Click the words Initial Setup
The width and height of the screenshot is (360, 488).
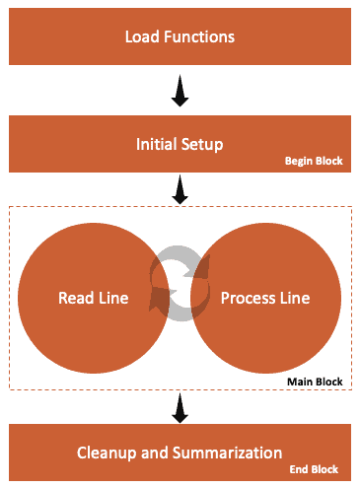(x=180, y=145)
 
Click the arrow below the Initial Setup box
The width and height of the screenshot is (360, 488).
(x=180, y=192)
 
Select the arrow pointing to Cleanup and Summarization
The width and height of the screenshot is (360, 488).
(x=180, y=404)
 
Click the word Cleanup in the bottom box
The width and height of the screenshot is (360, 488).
(x=108, y=453)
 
